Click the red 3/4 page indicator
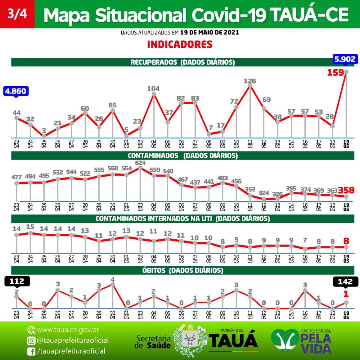tap(17, 14)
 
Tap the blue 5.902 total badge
tap(345, 59)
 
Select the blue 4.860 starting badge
tap(16, 91)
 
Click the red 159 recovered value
tap(335, 73)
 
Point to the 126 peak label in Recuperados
tap(250, 81)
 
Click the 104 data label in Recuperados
tap(153, 88)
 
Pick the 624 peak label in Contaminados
tap(140, 163)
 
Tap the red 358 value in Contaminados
tap(346, 190)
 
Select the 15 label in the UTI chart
tap(30, 227)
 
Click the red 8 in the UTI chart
tap(346, 241)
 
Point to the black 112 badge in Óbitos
tap(17, 281)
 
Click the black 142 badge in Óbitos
tap(345, 282)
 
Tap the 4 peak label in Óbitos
tap(112, 280)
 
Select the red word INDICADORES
tap(180, 45)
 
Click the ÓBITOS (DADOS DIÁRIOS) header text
tap(183, 270)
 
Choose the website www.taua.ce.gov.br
tap(68, 330)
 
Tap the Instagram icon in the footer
tap(31, 340)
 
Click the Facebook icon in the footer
tap(31, 351)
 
